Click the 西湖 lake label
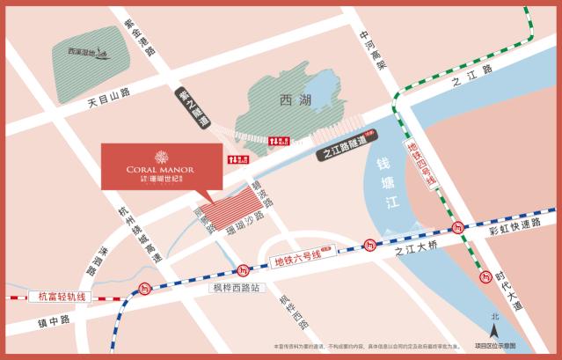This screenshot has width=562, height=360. (x=292, y=100)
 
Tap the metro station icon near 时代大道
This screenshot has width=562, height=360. (x=485, y=276)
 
